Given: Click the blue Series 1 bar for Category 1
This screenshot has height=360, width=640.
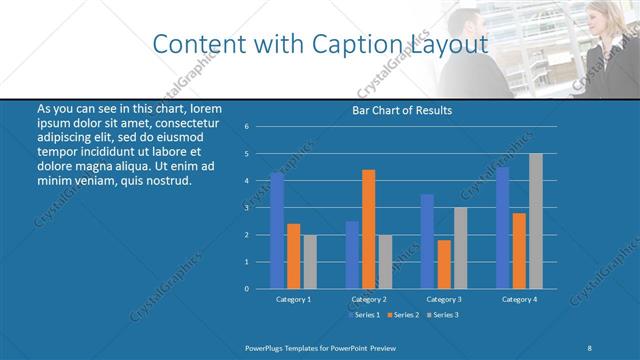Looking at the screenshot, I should coord(277,231).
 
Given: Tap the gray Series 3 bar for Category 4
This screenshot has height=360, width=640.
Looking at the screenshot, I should coord(535,221).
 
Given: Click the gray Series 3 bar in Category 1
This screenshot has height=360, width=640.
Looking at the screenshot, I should coord(309,262).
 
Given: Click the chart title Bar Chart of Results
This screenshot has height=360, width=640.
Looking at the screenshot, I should coord(402,110).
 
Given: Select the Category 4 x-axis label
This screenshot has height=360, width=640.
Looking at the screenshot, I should coord(518,299).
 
